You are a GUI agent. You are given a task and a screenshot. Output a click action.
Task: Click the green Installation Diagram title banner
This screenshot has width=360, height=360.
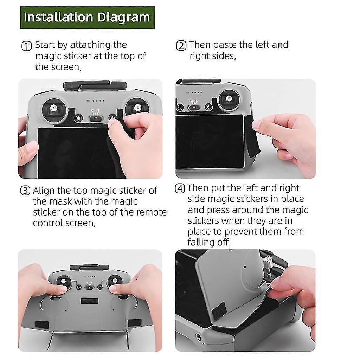pyautogui.click(x=87, y=18)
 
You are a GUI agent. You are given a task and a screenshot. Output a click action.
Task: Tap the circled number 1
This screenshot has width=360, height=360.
pyautogui.click(x=26, y=46)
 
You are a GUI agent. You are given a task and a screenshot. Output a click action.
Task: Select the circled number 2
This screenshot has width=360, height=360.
pyautogui.click(x=181, y=46)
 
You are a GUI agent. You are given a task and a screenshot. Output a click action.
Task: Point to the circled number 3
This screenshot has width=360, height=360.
pyautogui.click(x=25, y=191)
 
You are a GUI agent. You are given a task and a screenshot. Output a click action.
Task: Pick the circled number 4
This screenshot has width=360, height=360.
pyautogui.click(x=180, y=188)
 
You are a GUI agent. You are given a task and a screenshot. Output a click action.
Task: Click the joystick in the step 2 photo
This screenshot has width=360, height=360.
pyautogui.click(x=229, y=99)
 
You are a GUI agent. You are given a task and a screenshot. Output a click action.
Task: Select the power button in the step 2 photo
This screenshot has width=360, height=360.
pyautogui.click(x=208, y=107)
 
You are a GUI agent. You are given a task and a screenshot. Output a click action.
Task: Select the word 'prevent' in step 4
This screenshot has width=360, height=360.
pyautogui.click(x=242, y=232)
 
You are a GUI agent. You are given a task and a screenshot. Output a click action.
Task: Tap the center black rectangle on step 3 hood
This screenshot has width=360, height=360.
pyautogui.click(x=90, y=301)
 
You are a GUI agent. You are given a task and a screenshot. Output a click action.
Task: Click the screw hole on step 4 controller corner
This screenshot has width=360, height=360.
pyautogui.click(x=198, y=337)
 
